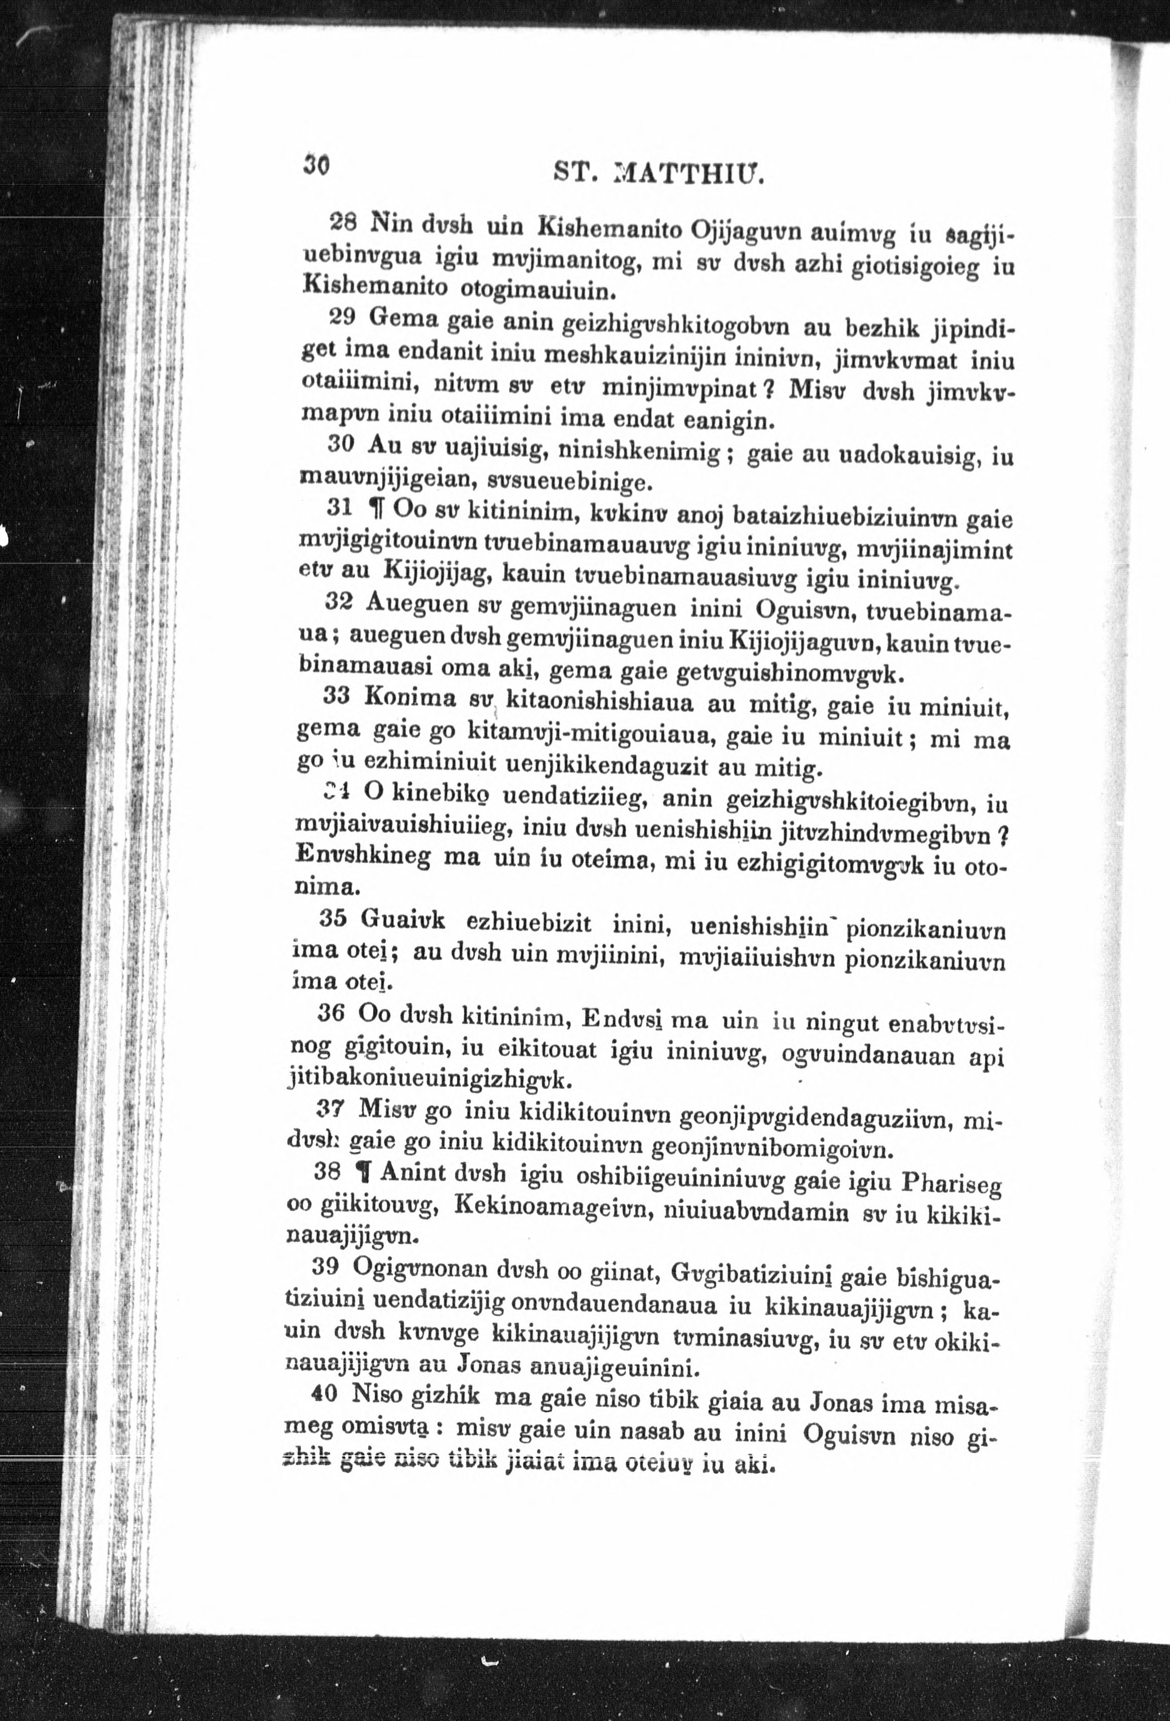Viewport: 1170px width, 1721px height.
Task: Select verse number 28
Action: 344,221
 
